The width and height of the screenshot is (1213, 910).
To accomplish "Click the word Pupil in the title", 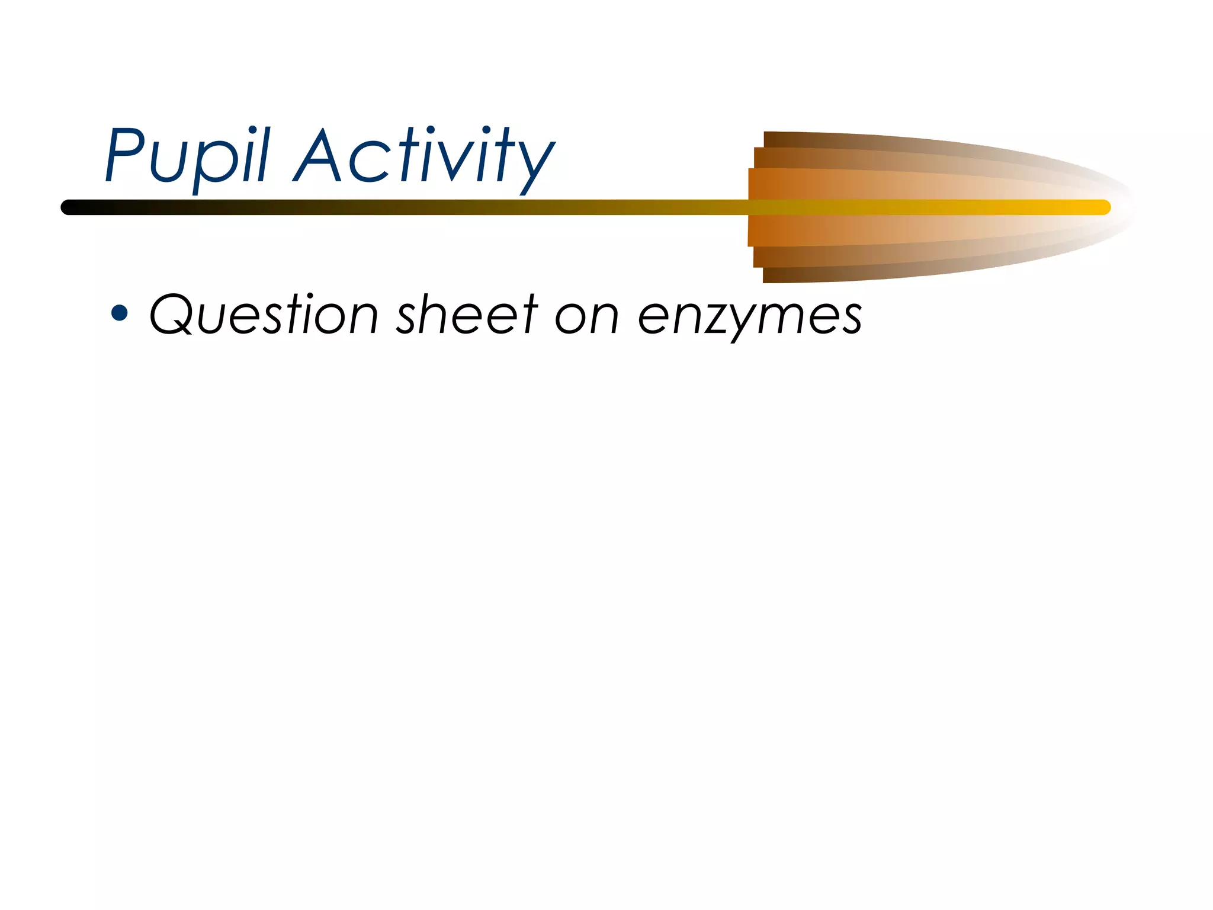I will tap(187, 155).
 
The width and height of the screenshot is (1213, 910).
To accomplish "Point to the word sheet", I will tap(467, 314).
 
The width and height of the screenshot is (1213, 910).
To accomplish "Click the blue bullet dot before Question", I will tap(120, 312).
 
